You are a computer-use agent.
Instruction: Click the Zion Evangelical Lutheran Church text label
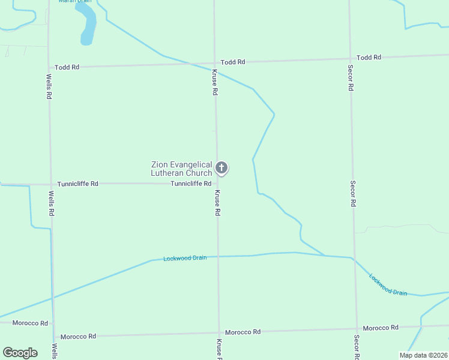181,169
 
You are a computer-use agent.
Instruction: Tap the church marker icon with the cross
221,168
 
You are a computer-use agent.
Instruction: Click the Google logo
20,352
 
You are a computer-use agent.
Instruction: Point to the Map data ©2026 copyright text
423,355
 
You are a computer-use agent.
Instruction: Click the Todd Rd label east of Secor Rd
369,58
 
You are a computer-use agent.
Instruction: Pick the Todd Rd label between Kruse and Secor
233,62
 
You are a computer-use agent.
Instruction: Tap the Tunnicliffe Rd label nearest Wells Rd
78,184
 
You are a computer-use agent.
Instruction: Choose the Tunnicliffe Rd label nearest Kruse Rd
191,184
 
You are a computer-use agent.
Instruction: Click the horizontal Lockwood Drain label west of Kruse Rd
185,258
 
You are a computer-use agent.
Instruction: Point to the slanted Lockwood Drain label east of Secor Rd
388,284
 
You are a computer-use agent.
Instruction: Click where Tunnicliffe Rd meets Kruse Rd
217,184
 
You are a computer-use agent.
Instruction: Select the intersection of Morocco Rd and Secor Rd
357,329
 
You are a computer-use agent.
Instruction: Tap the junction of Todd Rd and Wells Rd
49,67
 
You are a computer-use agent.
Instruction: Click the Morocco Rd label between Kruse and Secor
243,332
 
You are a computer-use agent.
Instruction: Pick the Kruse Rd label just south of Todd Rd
214,83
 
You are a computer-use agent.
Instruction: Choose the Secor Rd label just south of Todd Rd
351,78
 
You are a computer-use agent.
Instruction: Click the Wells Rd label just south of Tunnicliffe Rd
52,204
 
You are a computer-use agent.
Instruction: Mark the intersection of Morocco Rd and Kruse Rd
218,333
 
